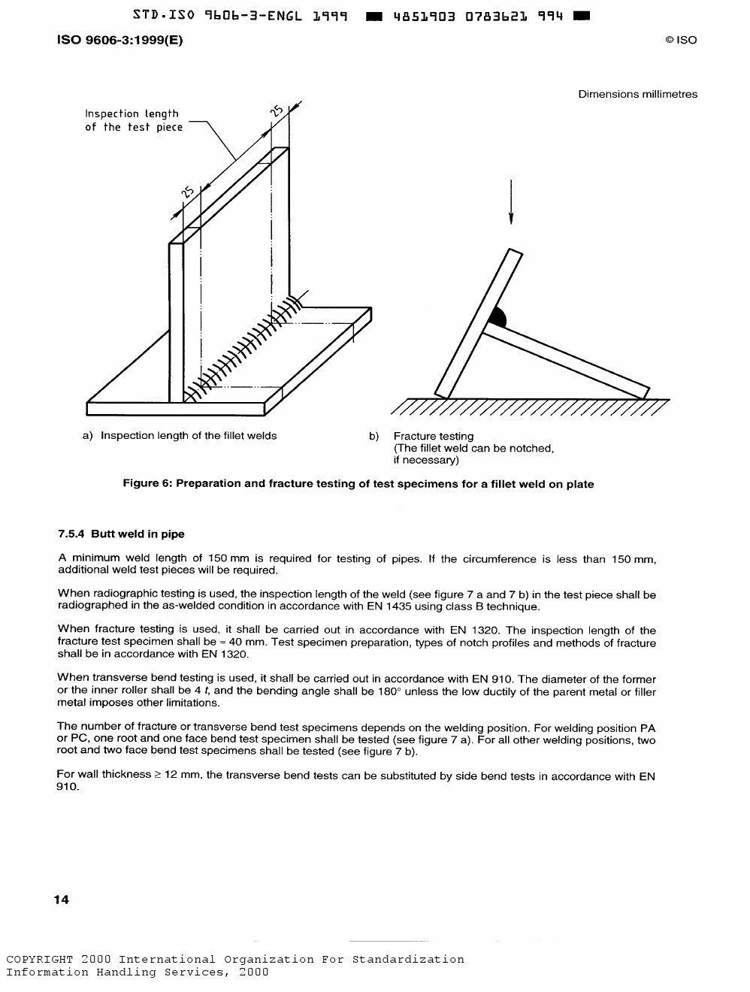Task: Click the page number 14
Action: click(62, 900)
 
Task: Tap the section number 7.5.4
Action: click(71, 534)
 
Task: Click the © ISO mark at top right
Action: click(680, 41)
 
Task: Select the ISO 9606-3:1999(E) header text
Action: click(119, 41)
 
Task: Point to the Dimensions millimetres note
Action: click(637, 94)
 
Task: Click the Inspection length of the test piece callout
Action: click(133, 120)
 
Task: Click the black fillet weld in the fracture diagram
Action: click(498, 317)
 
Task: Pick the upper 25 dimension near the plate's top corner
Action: click(277, 112)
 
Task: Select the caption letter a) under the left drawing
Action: click(88, 436)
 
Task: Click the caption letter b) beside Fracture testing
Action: click(373, 437)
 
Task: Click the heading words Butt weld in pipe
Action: click(138, 534)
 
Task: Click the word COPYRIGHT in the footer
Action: click(40, 960)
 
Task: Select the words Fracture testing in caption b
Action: click(434, 437)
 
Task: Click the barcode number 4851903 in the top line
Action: click(424, 15)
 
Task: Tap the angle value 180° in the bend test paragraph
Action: click(388, 691)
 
